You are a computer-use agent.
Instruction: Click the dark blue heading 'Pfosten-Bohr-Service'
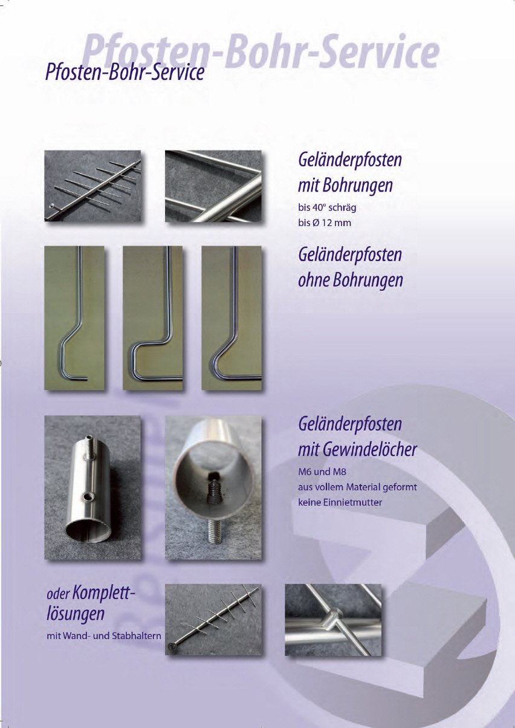(x=125, y=73)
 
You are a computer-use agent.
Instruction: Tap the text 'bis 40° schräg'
(x=327, y=207)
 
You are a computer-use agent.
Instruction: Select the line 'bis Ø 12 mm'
(x=324, y=223)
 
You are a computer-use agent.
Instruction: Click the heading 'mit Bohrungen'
(x=345, y=186)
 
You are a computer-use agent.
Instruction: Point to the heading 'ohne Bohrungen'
(x=350, y=280)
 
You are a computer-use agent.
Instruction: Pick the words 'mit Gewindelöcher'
(x=357, y=450)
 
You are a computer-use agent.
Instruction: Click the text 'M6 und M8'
(x=322, y=471)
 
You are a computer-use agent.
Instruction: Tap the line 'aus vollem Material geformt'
(x=357, y=487)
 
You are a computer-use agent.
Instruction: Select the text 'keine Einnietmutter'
(x=340, y=502)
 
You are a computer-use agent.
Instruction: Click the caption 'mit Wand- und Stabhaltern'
(x=104, y=635)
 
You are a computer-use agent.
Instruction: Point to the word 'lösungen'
(x=76, y=614)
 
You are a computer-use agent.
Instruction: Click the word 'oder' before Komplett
(x=59, y=594)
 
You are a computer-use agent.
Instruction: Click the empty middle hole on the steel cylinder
(x=88, y=496)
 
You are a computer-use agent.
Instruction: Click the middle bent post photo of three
(x=153, y=317)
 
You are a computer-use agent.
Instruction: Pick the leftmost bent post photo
(x=74, y=317)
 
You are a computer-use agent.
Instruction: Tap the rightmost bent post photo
(x=232, y=317)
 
